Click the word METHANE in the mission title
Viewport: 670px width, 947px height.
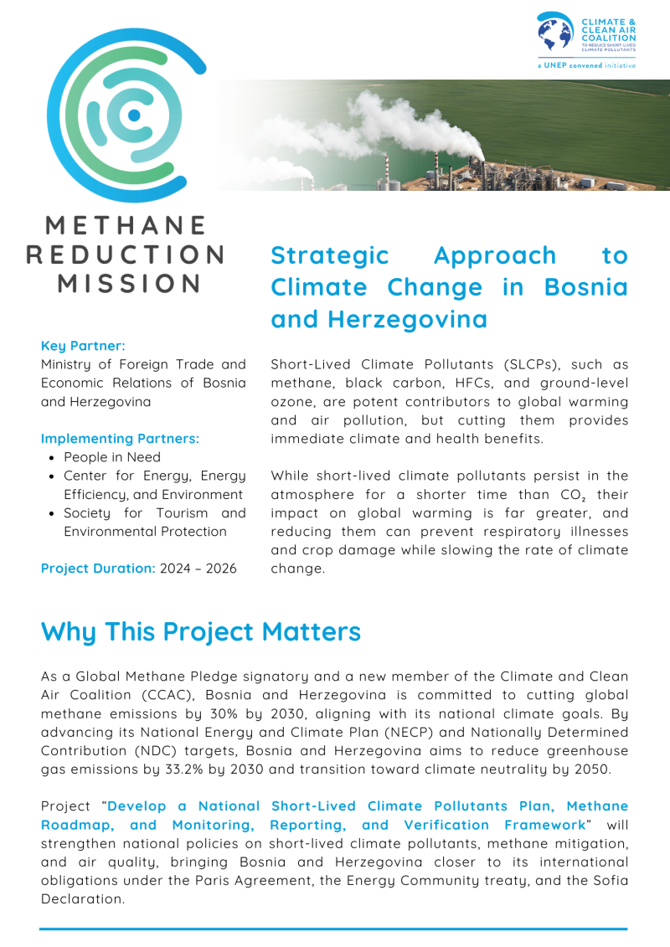pyautogui.click(x=126, y=226)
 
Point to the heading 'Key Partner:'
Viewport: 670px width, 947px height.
pyautogui.click(x=83, y=345)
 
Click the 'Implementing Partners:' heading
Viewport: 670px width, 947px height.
pyautogui.click(x=121, y=438)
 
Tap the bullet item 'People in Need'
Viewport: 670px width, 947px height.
pyautogui.click(x=112, y=457)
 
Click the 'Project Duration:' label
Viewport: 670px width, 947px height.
pyautogui.click(x=98, y=569)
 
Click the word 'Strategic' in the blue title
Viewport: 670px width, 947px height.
pyautogui.click(x=330, y=255)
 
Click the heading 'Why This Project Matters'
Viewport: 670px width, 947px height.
pyautogui.click(x=201, y=631)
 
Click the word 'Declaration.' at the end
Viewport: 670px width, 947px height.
pyautogui.click(x=83, y=898)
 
